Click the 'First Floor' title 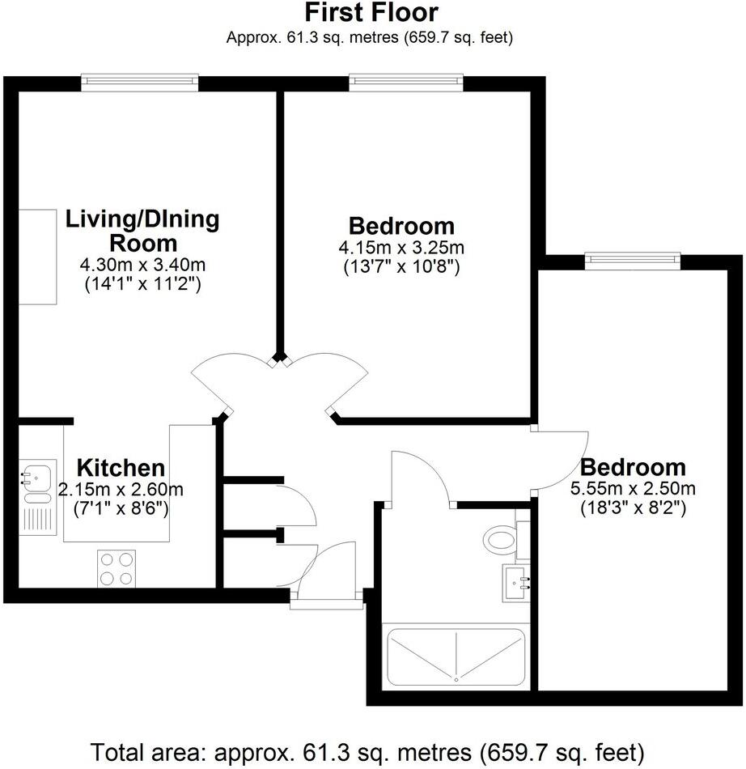click(x=371, y=13)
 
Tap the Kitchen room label click(x=121, y=468)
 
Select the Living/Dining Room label click(x=142, y=231)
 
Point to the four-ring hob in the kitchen click(x=117, y=567)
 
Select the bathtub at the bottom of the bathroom click(x=457, y=655)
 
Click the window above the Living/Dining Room click(x=140, y=83)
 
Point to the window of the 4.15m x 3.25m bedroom click(x=405, y=83)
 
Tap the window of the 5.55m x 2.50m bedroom click(x=632, y=260)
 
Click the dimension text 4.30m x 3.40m click(x=142, y=265)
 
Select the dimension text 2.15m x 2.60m click(x=121, y=489)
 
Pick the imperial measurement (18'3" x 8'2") click(x=634, y=508)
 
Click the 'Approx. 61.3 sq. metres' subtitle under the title click(x=371, y=37)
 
